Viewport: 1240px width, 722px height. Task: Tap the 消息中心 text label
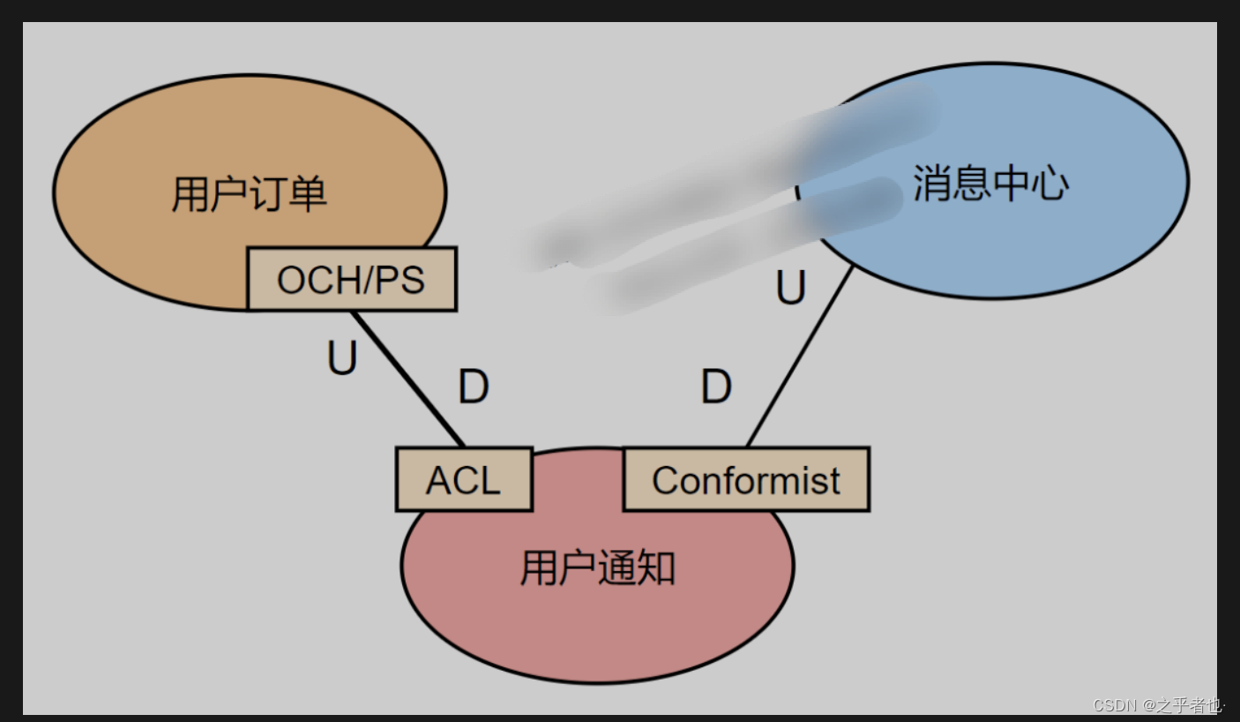point(990,184)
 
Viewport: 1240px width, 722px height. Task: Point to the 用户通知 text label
point(597,568)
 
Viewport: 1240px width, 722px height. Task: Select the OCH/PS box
point(351,279)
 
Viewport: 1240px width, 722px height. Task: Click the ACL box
point(464,480)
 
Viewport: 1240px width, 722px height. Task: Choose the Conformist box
point(746,480)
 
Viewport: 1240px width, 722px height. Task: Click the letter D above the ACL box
point(474,387)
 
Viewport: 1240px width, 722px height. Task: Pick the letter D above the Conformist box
point(715,387)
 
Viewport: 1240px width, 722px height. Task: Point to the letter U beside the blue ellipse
point(790,288)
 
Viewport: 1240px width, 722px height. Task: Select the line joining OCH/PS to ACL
point(407,379)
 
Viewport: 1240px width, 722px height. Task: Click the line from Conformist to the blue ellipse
point(799,357)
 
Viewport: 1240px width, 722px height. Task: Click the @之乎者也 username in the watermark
point(1182,705)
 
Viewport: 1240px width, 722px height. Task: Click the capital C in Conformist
point(663,481)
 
